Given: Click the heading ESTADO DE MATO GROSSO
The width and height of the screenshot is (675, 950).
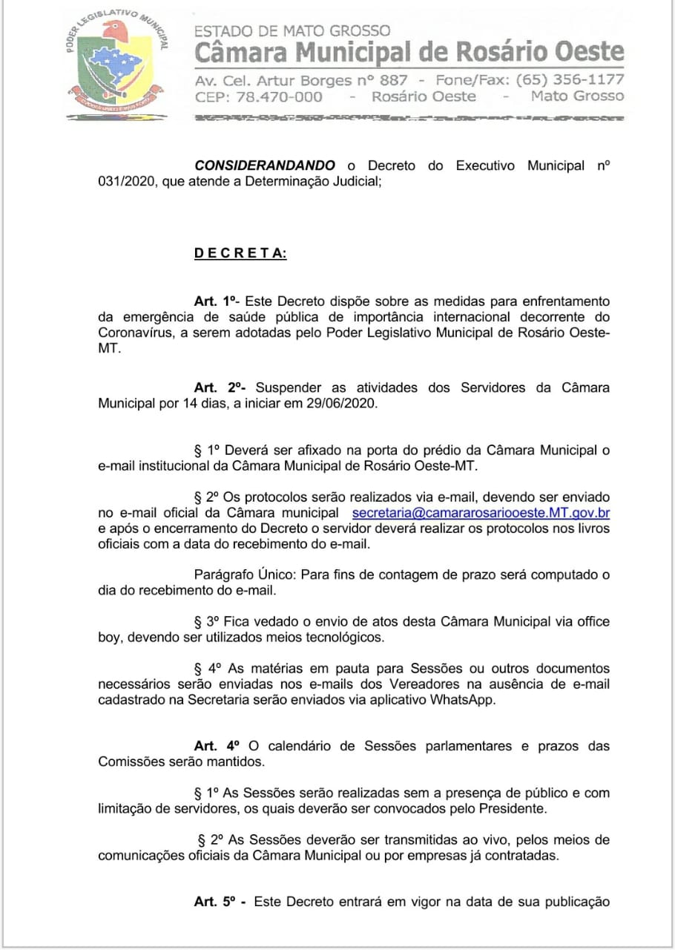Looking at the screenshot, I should point(292,30).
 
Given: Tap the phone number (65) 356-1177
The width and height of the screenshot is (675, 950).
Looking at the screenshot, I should point(570,79).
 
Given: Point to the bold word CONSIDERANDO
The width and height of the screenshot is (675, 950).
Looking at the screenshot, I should point(264,166).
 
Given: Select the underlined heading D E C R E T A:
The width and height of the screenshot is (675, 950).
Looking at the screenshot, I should point(240,253).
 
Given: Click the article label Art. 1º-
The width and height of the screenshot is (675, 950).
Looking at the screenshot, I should point(217,301).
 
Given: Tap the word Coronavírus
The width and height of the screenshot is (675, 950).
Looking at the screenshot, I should point(137,332).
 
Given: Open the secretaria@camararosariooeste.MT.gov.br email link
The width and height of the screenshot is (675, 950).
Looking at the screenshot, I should point(481,513).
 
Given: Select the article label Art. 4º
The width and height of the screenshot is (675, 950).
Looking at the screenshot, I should point(216,746).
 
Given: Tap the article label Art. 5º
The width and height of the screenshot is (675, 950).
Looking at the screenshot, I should point(219,902).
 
